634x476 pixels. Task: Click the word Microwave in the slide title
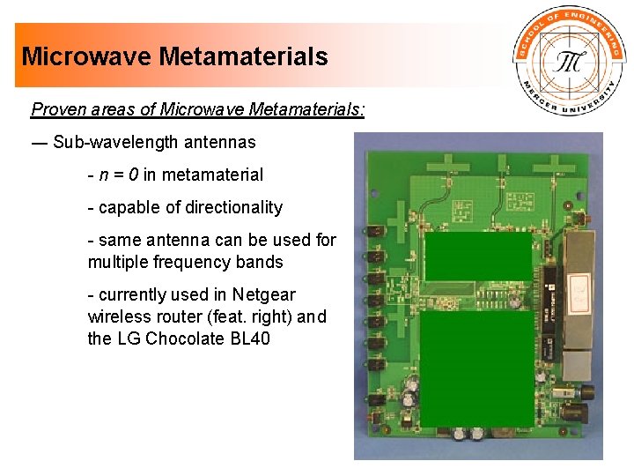pos(87,57)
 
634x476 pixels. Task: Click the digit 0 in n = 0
pos(134,175)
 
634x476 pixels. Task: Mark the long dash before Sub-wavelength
pos(40,142)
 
